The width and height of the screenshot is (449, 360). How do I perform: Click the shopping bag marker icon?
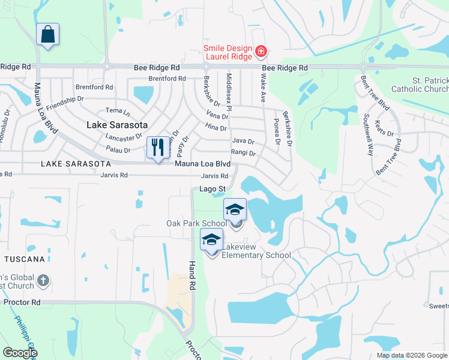click(x=47, y=34)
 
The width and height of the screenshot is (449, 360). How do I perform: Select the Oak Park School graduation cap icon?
click(x=235, y=209)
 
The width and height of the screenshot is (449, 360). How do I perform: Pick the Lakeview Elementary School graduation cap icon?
click(x=211, y=239)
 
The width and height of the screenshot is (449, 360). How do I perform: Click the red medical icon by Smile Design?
click(x=261, y=51)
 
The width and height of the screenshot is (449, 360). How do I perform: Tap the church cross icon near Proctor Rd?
click(x=43, y=280)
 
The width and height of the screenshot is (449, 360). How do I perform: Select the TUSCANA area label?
click(x=25, y=259)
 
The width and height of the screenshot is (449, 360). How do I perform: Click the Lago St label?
click(x=212, y=189)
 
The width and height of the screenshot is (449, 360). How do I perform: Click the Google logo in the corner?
click(x=19, y=353)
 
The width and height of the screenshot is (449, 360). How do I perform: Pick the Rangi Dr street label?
click(x=243, y=153)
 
